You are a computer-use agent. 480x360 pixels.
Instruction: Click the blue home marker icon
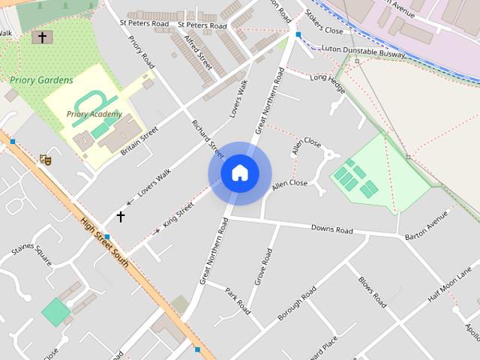click(240, 173)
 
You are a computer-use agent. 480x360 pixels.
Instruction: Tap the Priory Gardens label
click(42, 80)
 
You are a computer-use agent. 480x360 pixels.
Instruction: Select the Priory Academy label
click(94, 114)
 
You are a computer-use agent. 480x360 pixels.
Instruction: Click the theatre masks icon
click(45, 159)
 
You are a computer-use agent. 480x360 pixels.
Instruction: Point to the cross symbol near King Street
click(120, 217)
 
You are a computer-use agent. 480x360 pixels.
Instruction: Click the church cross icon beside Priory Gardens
click(43, 37)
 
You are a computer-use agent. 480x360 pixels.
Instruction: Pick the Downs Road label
click(331, 229)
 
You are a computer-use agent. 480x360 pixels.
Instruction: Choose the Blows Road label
click(372, 292)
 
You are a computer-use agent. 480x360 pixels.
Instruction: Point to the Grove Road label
click(263, 267)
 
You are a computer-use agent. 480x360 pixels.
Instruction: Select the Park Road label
click(237, 297)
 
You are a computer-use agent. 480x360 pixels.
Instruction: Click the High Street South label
click(104, 242)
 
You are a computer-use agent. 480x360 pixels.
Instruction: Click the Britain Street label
click(139, 140)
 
